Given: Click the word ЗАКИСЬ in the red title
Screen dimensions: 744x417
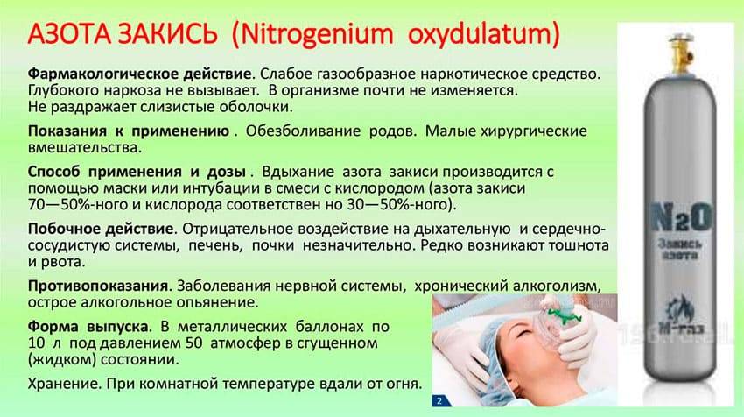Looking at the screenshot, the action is [x=167, y=33].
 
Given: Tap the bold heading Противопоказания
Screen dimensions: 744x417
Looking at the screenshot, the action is [x=98, y=286].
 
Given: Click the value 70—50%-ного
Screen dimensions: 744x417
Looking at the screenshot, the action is [x=78, y=205].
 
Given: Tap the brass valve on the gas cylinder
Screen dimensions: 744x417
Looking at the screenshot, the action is [x=679, y=54].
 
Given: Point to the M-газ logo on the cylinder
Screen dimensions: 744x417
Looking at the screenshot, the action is [x=679, y=315].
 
